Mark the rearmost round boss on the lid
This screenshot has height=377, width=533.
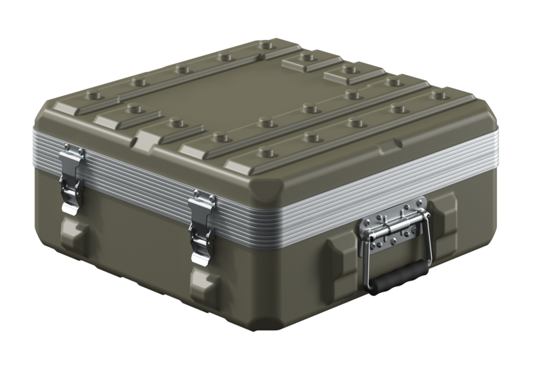(267, 46)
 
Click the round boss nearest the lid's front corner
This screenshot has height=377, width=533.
(266, 153)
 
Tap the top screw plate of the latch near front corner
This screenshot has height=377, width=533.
(203, 198)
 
